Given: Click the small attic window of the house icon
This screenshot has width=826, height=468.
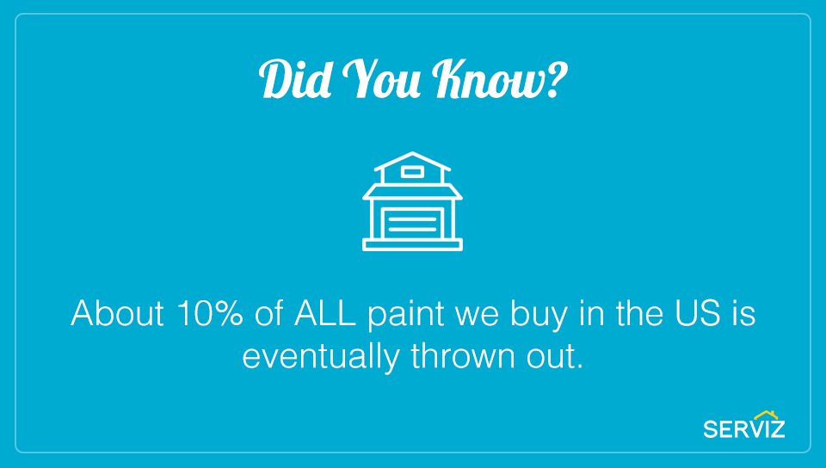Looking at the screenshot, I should [x=413, y=172].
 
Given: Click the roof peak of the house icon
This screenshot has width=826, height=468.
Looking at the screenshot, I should [x=413, y=155].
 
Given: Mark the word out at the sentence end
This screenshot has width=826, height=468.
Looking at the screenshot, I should [x=552, y=355].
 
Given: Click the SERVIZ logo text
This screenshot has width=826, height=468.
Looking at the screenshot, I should [x=743, y=428].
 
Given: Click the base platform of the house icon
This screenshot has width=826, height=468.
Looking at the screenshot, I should [x=413, y=245].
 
